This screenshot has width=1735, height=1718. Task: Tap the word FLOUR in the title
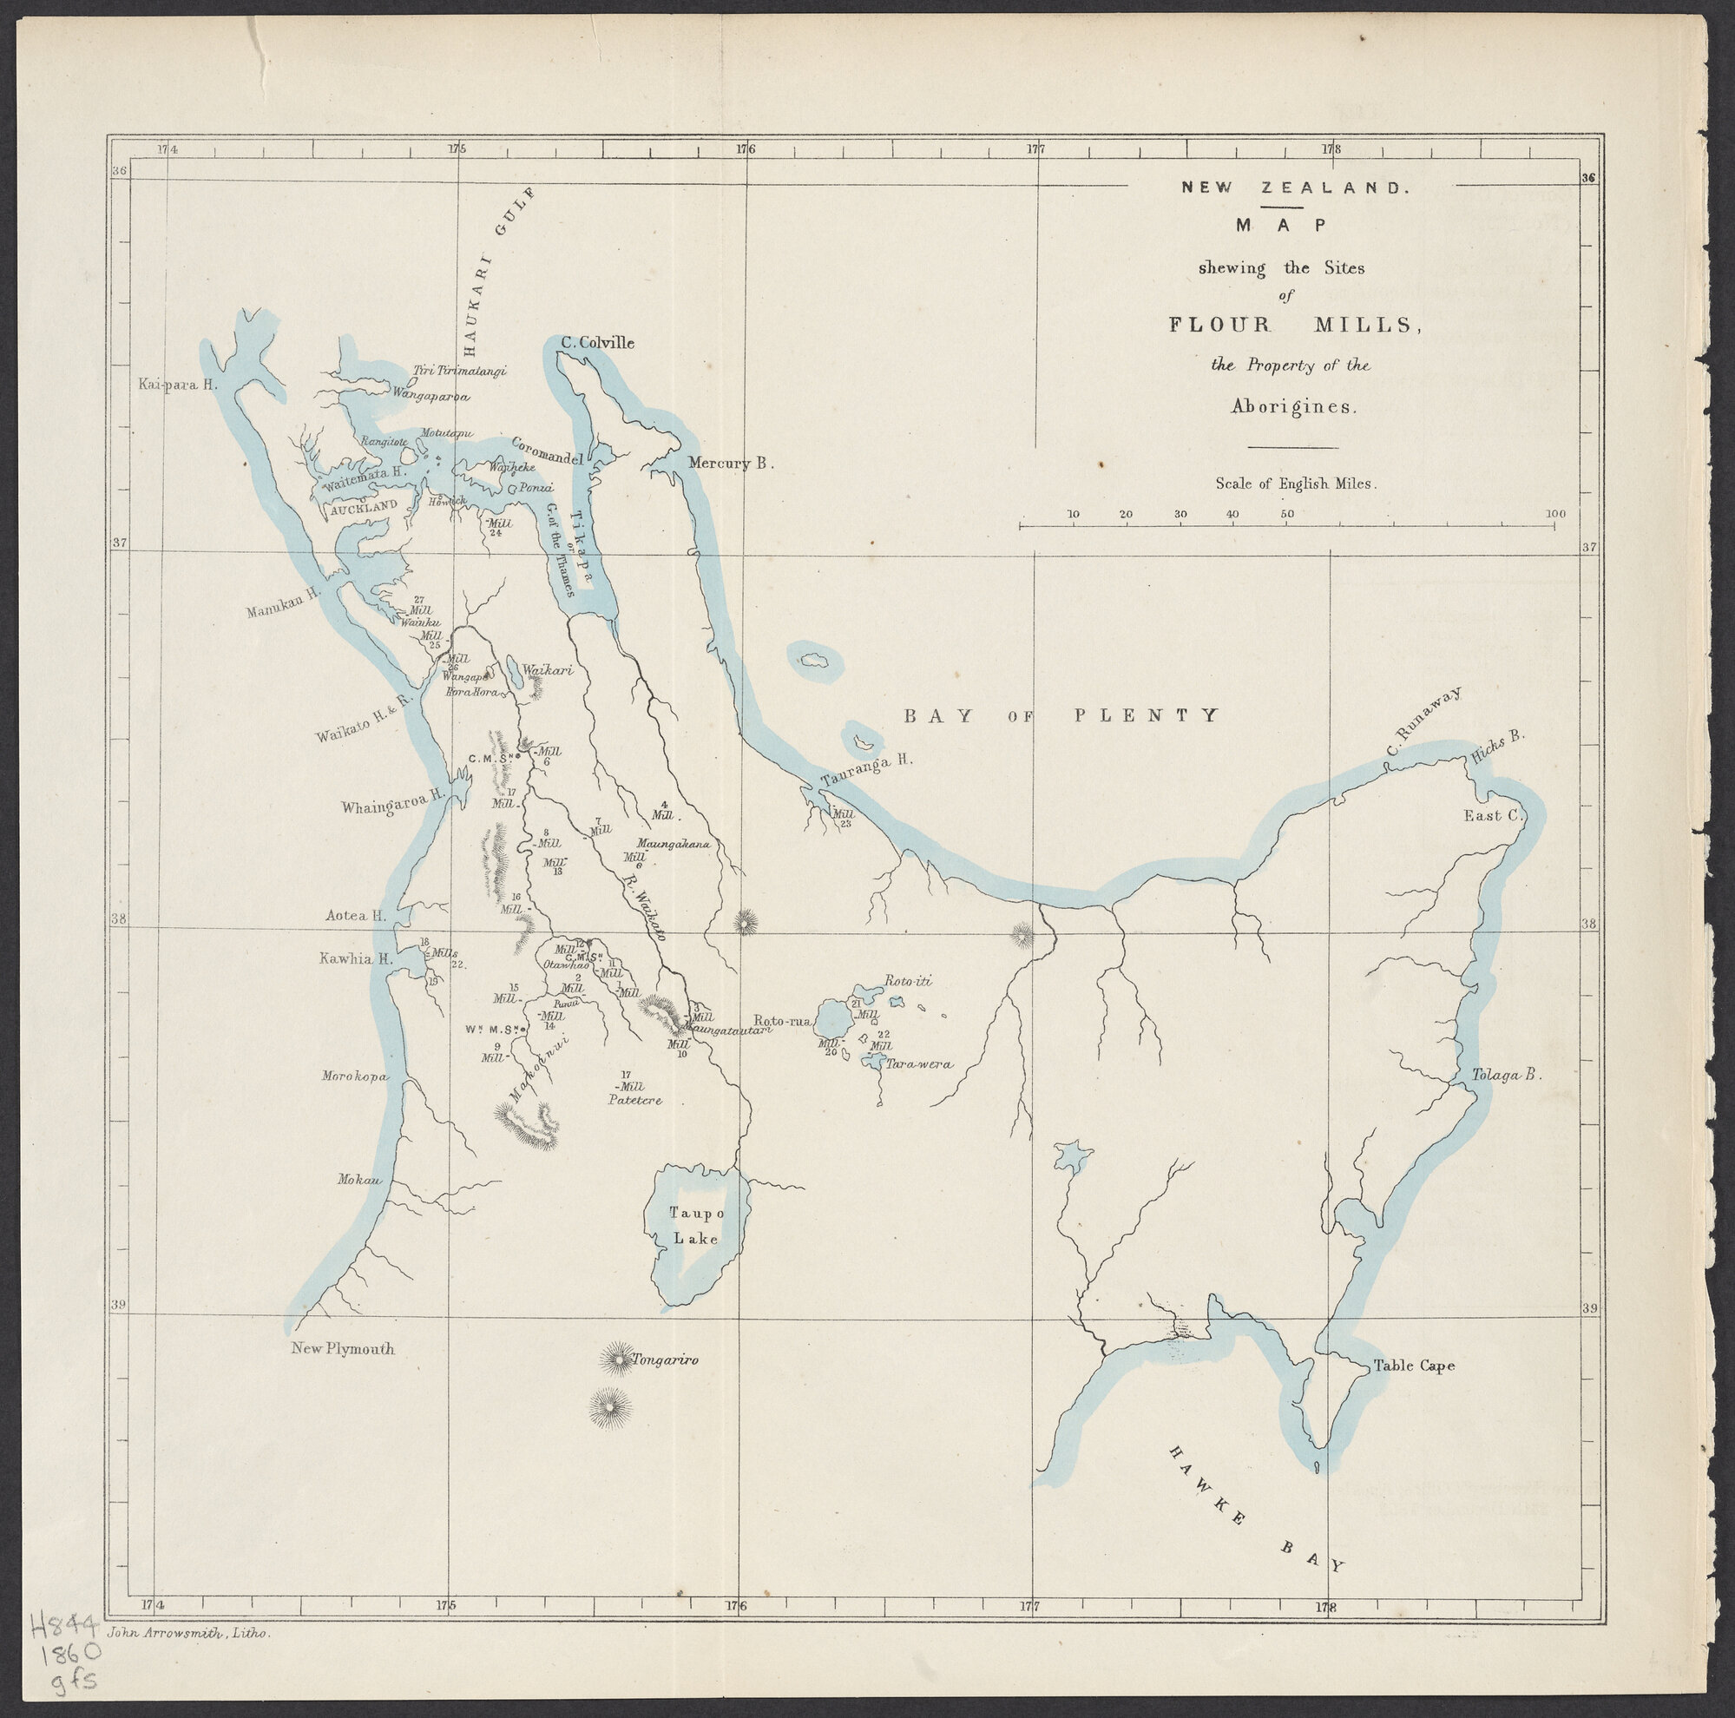coord(1220,325)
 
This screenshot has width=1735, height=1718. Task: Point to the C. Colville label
coord(597,343)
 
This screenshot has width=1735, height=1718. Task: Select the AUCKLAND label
coord(364,506)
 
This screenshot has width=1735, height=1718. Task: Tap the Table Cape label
coord(1414,1366)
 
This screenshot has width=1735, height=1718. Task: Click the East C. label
coord(1491,815)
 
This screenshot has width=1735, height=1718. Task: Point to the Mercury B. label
coord(730,464)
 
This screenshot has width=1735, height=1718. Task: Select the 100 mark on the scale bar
coord(1555,514)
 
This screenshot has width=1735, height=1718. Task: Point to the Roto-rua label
coord(782,1020)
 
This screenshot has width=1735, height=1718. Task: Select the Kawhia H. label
coord(357,958)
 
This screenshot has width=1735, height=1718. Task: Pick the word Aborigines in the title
coord(1294,407)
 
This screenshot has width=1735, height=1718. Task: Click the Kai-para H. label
coord(179,385)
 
